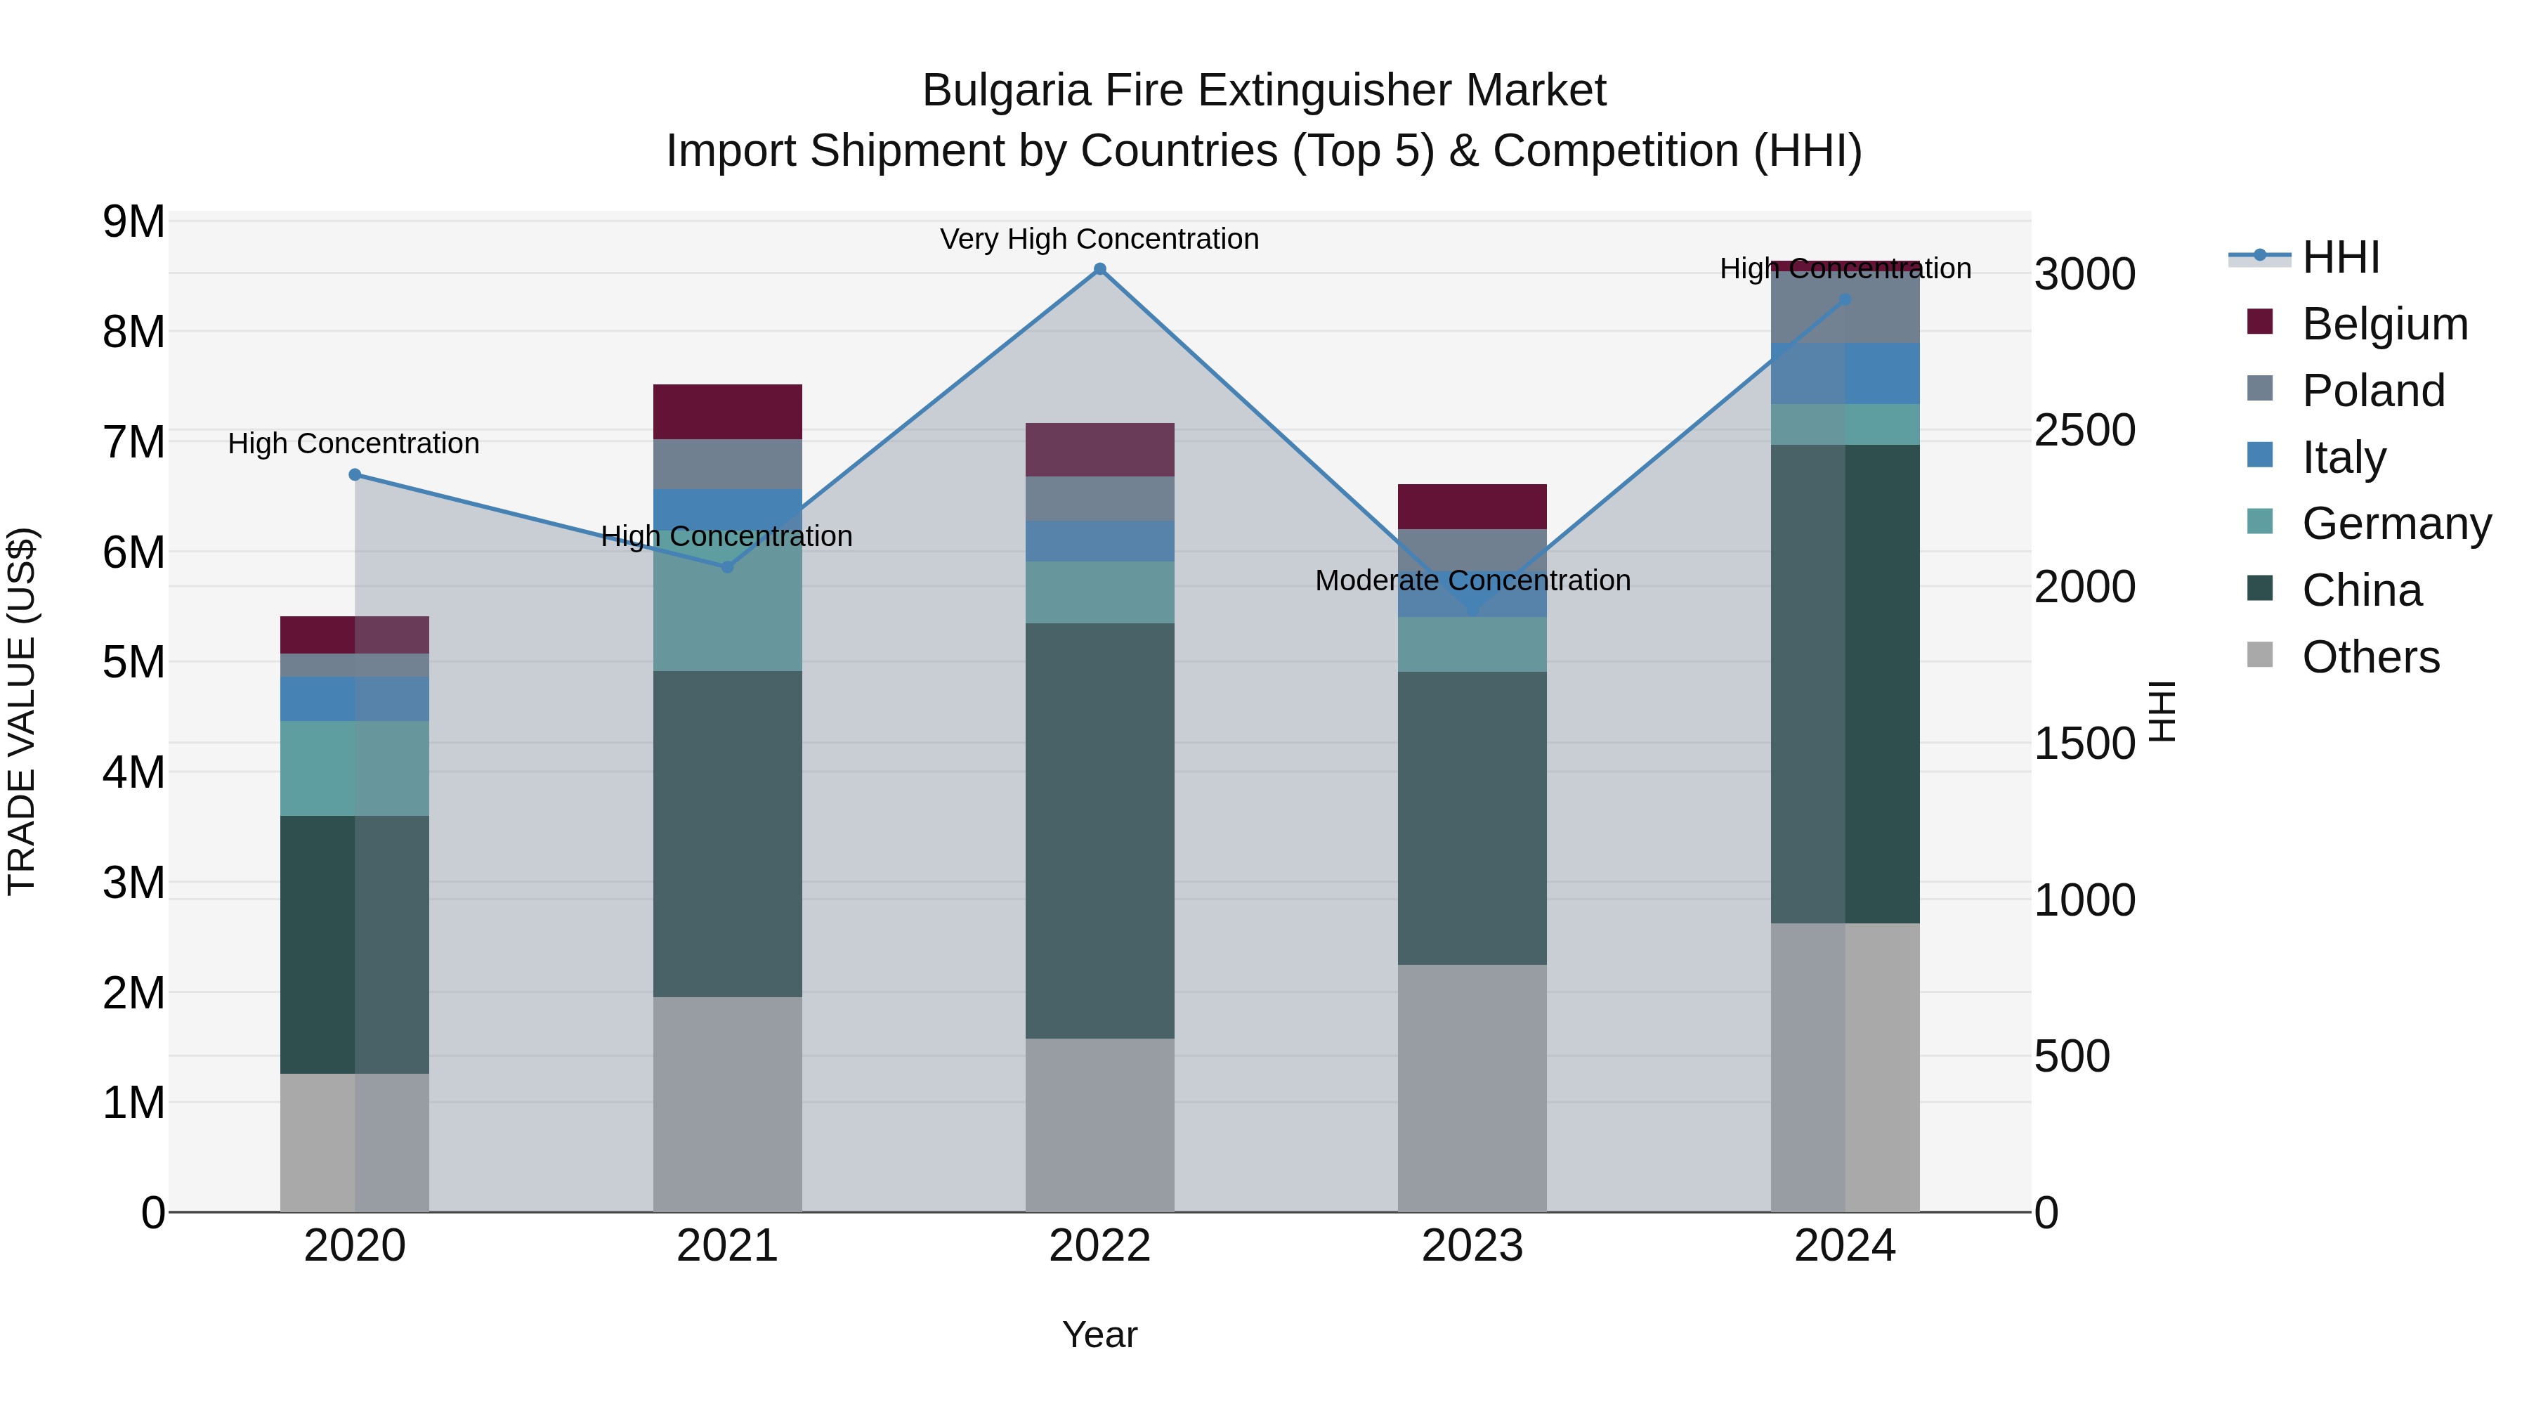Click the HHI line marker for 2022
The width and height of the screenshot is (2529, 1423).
[1099, 269]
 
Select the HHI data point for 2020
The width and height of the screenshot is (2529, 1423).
[355, 475]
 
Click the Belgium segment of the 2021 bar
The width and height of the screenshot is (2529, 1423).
[728, 412]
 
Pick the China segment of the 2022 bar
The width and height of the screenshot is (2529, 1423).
[1099, 830]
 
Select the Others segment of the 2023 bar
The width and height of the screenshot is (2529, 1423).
[1472, 1087]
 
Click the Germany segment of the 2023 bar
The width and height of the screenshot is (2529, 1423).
[1472, 644]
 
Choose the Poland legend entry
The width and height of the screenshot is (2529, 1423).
[2373, 391]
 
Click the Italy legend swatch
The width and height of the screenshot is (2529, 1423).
[2260, 455]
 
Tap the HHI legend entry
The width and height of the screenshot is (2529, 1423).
[2341, 257]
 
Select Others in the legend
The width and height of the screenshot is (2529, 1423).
[2370, 657]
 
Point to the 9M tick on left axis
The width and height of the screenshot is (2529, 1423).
[134, 222]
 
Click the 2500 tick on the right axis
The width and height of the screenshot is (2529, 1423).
[2084, 430]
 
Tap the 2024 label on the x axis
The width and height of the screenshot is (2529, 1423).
[1844, 1246]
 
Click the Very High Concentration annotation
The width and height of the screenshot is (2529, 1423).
[1099, 240]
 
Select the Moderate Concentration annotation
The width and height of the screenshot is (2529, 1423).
[1472, 580]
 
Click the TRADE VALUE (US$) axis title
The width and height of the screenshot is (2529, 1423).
[22, 711]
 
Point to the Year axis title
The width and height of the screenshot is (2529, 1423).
[1099, 1334]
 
